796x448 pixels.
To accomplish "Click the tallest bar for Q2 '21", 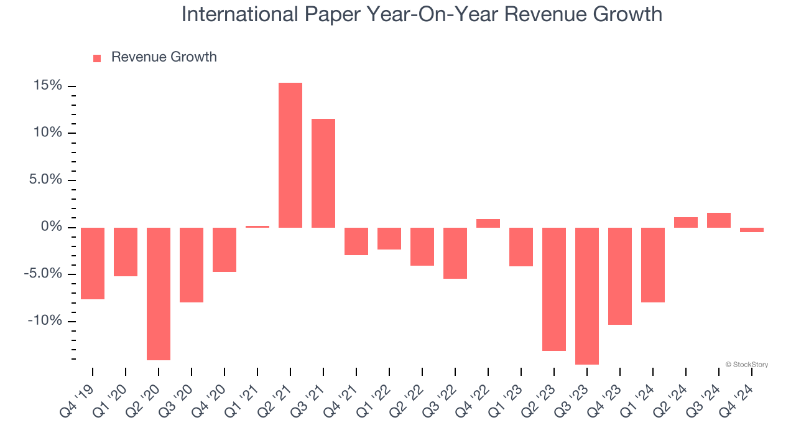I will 290,155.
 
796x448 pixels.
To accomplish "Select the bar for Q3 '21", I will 323,173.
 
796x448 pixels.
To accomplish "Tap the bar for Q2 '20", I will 159,294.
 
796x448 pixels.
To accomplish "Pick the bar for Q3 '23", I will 587,296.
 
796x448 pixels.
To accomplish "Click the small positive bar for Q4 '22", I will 488,223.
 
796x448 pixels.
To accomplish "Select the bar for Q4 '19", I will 93,263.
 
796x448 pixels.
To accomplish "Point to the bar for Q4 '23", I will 620,276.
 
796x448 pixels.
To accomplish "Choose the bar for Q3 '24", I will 719,220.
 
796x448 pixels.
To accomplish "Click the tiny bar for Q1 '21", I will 257,226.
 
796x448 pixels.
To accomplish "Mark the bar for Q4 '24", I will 752,230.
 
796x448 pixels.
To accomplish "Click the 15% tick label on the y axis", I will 47,86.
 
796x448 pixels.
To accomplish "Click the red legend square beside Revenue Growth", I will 97,58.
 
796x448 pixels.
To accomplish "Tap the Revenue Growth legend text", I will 164,57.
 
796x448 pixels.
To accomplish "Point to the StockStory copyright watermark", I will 746,365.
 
